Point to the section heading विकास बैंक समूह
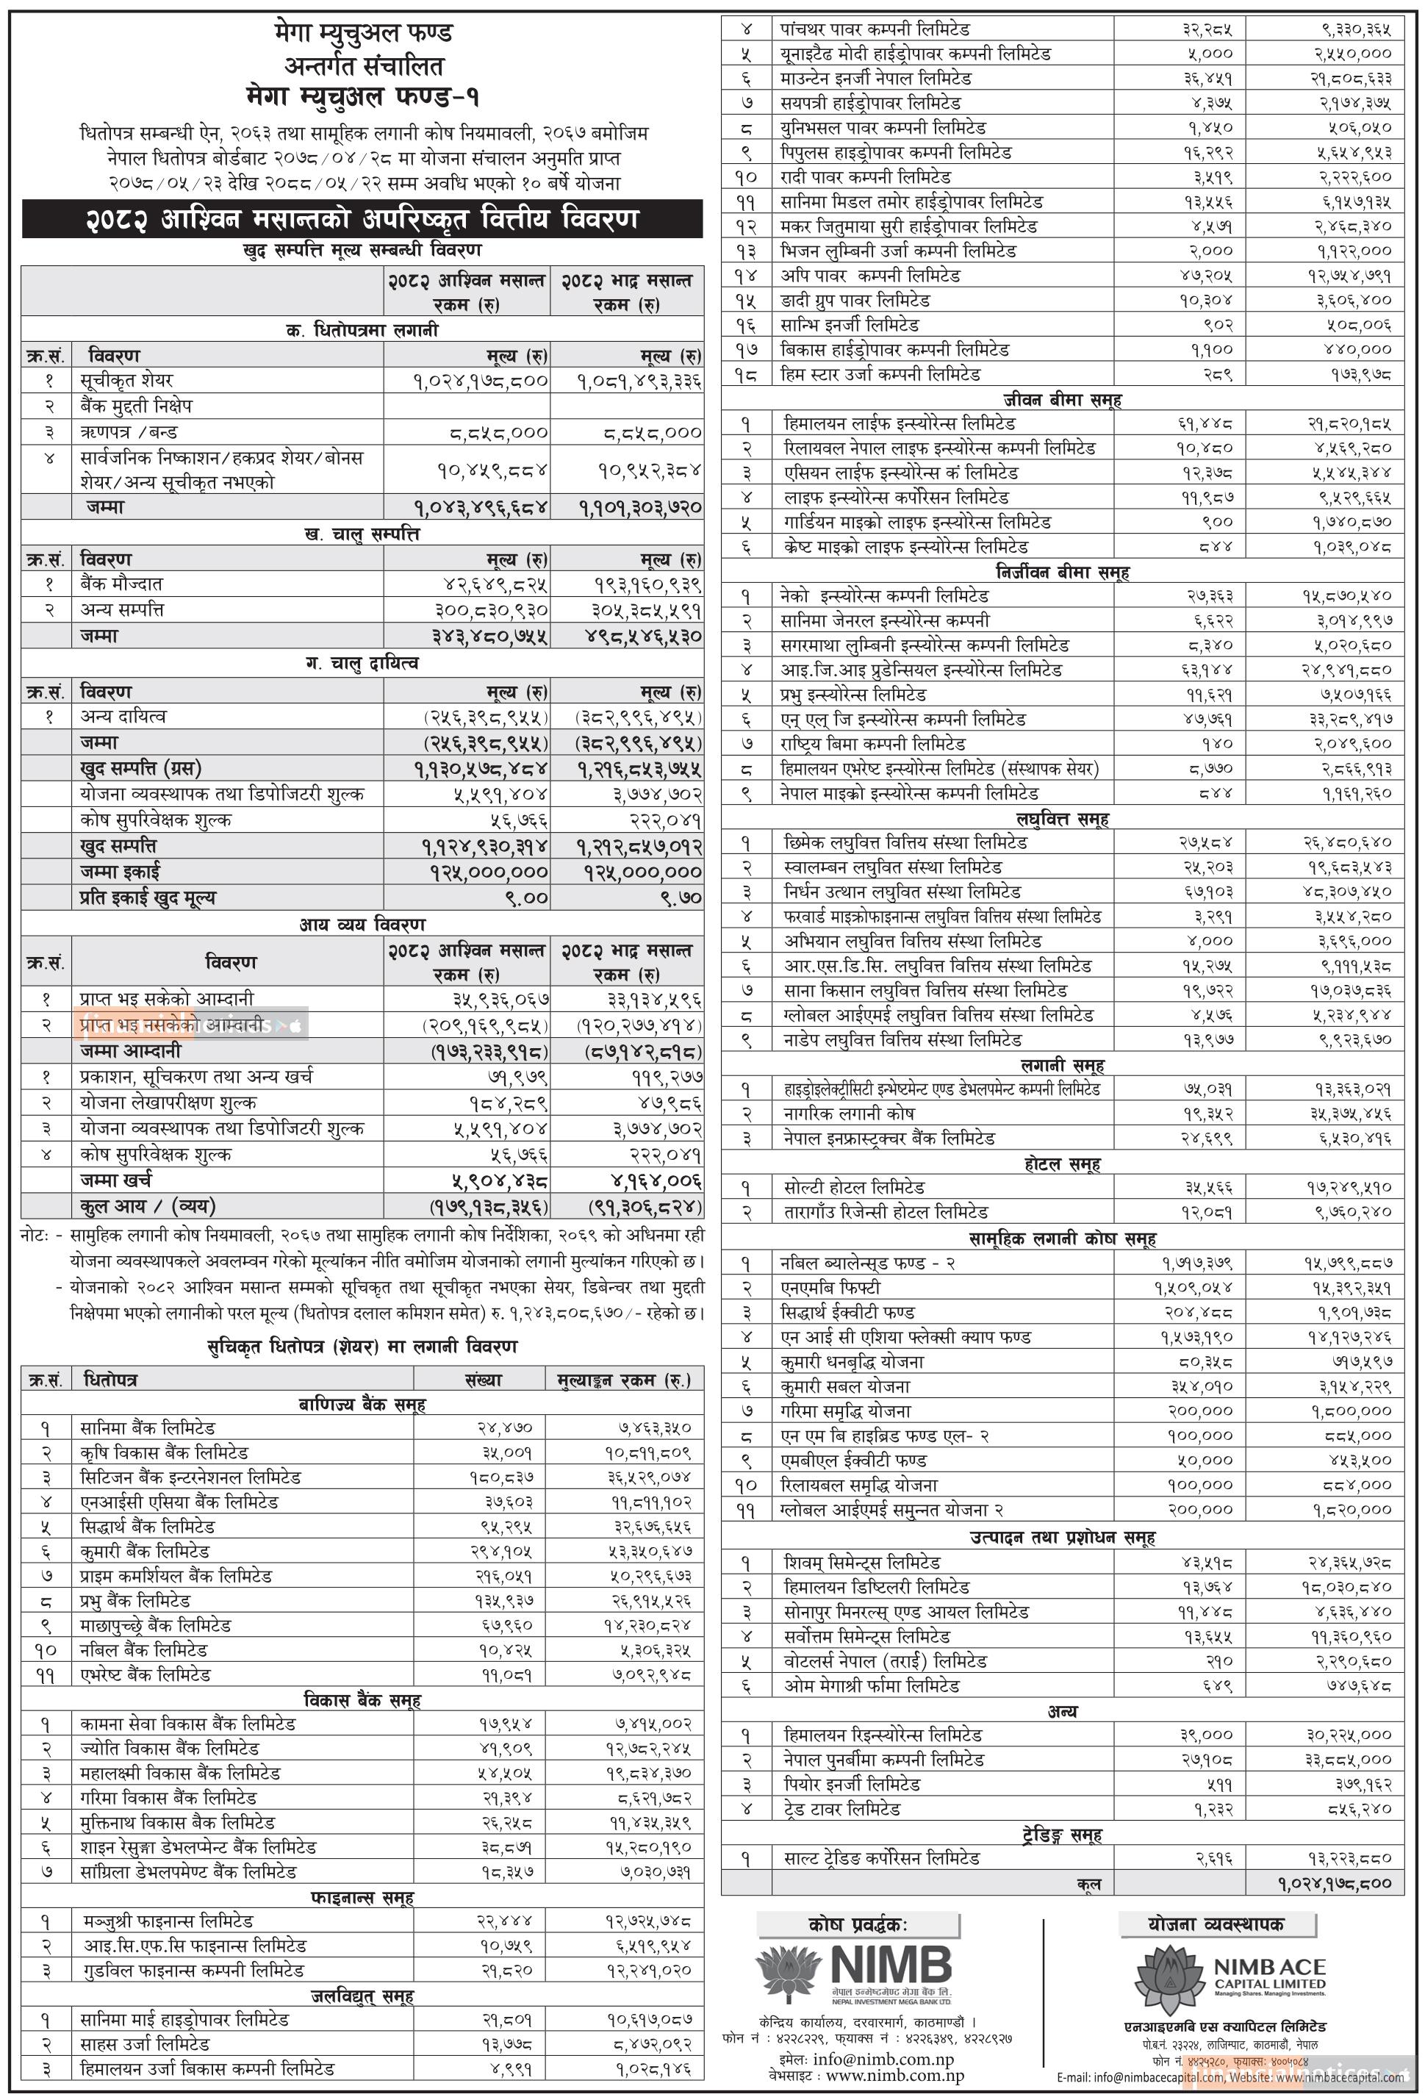pos(361,1700)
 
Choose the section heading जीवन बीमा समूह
pos(1062,400)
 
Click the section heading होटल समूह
pos(1061,1164)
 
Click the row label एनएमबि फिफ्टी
pos(830,1288)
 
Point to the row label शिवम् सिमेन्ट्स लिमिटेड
pos(862,1562)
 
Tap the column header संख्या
pos(483,1380)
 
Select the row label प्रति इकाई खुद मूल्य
pos(147,897)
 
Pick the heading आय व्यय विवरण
pos(362,924)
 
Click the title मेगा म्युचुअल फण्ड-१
pos(362,96)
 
